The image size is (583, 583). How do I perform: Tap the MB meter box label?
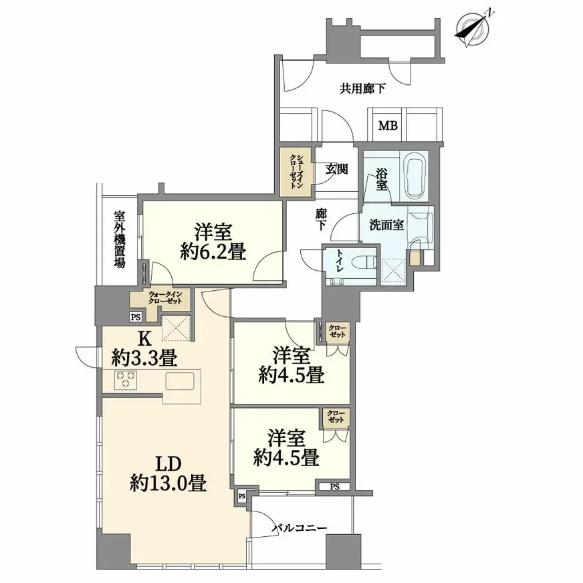[388, 126]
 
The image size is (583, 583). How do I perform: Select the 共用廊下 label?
[362, 89]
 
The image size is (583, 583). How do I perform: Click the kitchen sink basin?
[180, 381]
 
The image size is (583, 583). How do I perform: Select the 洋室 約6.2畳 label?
[213, 242]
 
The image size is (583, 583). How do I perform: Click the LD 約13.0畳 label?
[168, 475]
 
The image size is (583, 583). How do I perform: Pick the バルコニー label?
[300, 528]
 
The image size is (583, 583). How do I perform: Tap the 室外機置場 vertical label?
[120, 239]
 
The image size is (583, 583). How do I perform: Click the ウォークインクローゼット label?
[165, 298]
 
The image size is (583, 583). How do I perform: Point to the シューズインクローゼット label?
[296, 171]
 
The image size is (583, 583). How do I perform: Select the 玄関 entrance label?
[337, 169]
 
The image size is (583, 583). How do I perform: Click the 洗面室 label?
[386, 225]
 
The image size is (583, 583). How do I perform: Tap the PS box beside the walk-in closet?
[136, 317]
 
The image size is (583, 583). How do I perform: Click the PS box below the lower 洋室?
[335, 486]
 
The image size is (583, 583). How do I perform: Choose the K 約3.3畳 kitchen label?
[144, 348]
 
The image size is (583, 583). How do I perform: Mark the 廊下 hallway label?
[321, 219]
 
